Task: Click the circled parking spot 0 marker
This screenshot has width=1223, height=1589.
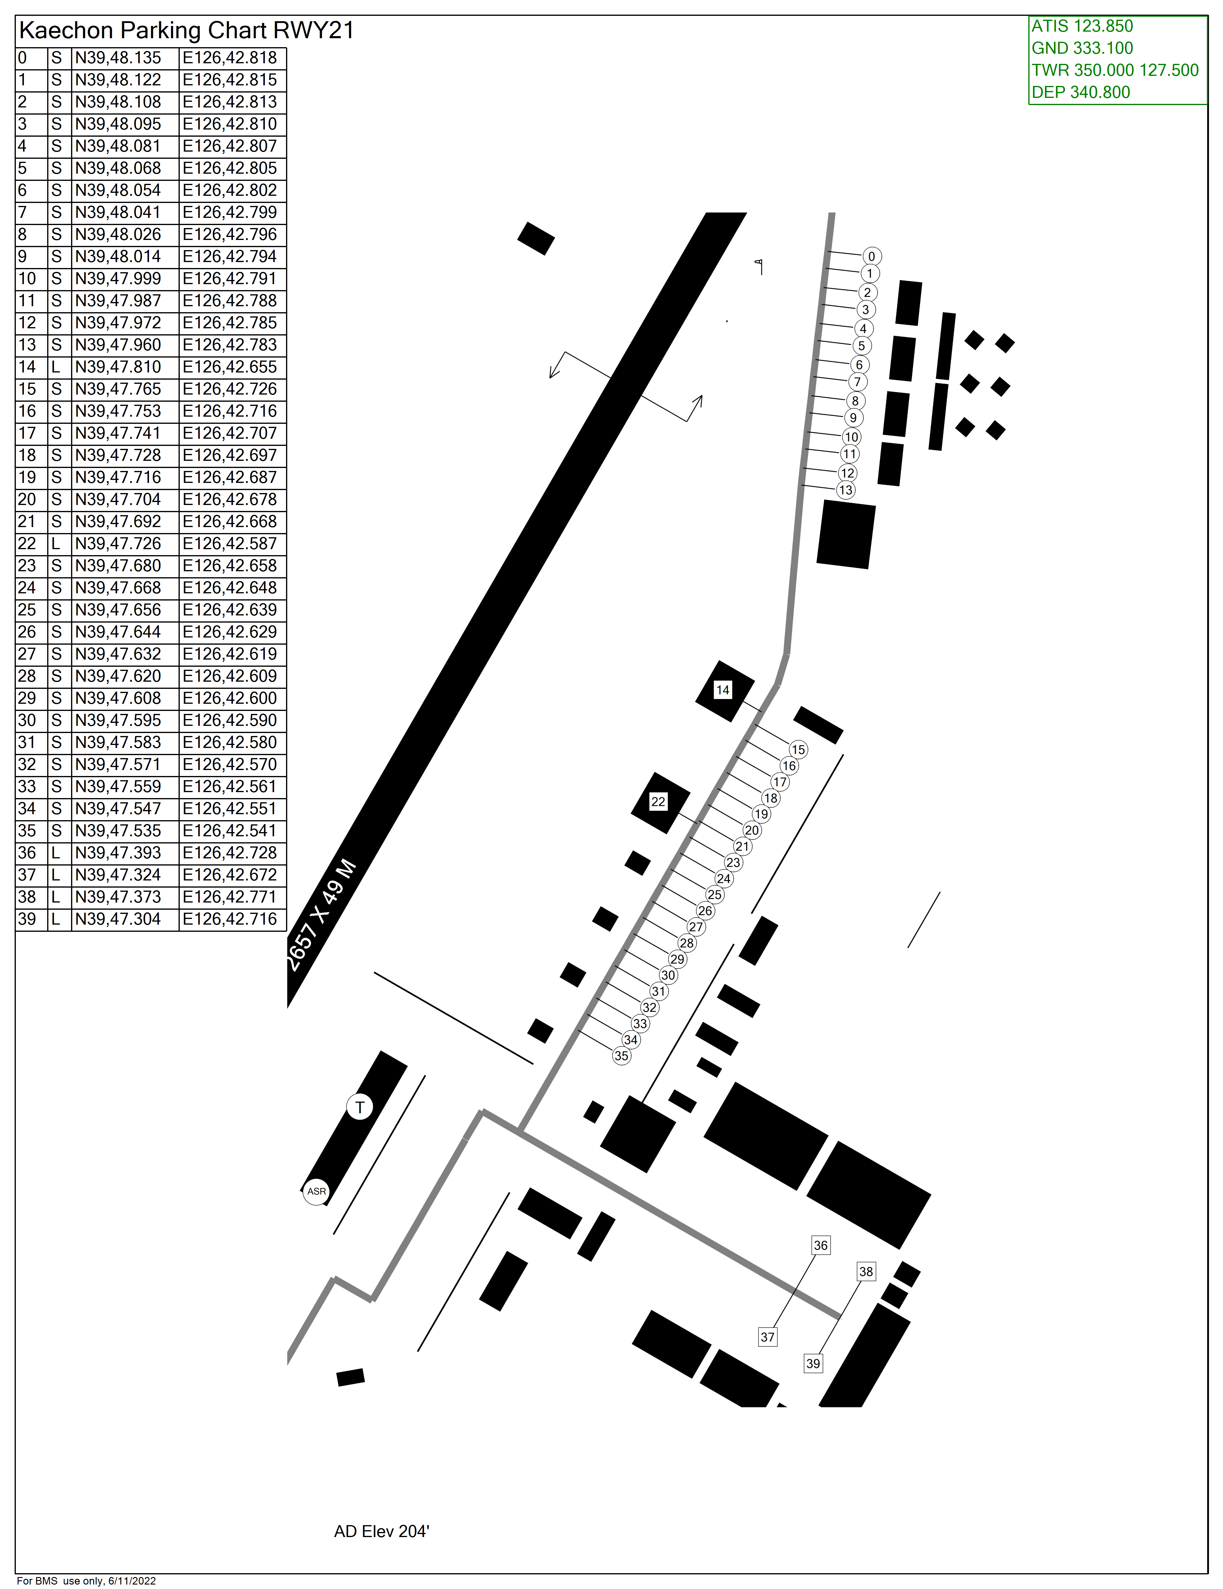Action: point(871,256)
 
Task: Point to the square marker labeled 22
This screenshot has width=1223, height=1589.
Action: point(658,802)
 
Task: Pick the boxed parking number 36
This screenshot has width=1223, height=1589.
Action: point(821,1245)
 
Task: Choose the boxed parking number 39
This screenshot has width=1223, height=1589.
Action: point(813,1363)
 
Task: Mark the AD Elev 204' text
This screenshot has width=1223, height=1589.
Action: point(382,1526)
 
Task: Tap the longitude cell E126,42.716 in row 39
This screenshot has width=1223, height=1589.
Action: point(230,919)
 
